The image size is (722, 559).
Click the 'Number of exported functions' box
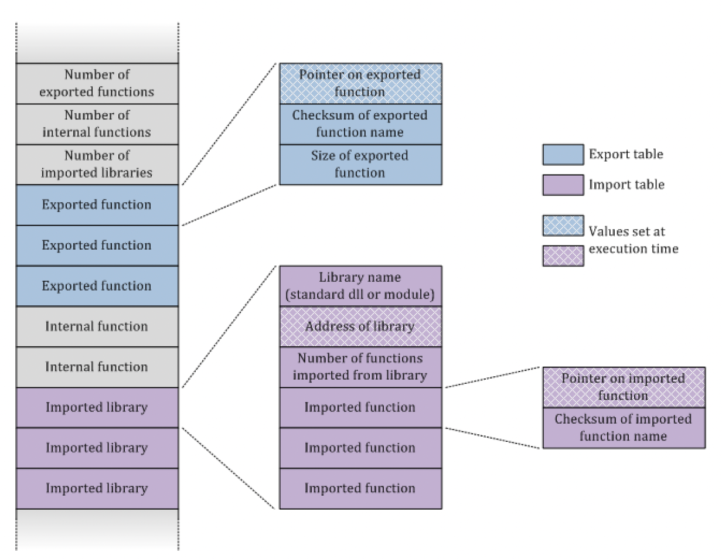(97, 83)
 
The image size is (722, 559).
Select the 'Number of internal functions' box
(97, 124)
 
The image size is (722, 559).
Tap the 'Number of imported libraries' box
(97, 164)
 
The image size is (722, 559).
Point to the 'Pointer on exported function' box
(360, 83)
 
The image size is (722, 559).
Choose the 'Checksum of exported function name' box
(360, 124)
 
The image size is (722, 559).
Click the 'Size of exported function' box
(360, 164)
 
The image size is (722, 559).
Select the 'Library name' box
(360, 285)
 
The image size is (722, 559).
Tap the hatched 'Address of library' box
(360, 326)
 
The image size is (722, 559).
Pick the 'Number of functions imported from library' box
(360, 366)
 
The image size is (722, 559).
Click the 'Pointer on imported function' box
(624, 387)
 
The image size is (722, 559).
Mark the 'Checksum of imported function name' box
(624, 428)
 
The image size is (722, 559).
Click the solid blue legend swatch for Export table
(563, 155)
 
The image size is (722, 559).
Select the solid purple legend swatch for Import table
(563, 185)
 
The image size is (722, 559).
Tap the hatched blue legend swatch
(563, 226)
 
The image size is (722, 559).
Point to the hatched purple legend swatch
(563, 255)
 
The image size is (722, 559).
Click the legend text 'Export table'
(626, 155)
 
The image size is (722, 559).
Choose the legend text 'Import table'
(626, 185)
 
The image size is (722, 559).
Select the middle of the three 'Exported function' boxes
(97, 245)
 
